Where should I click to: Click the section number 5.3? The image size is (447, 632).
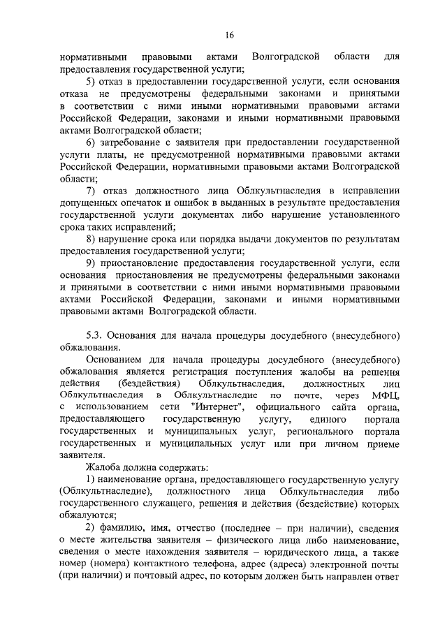coord(95,336)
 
